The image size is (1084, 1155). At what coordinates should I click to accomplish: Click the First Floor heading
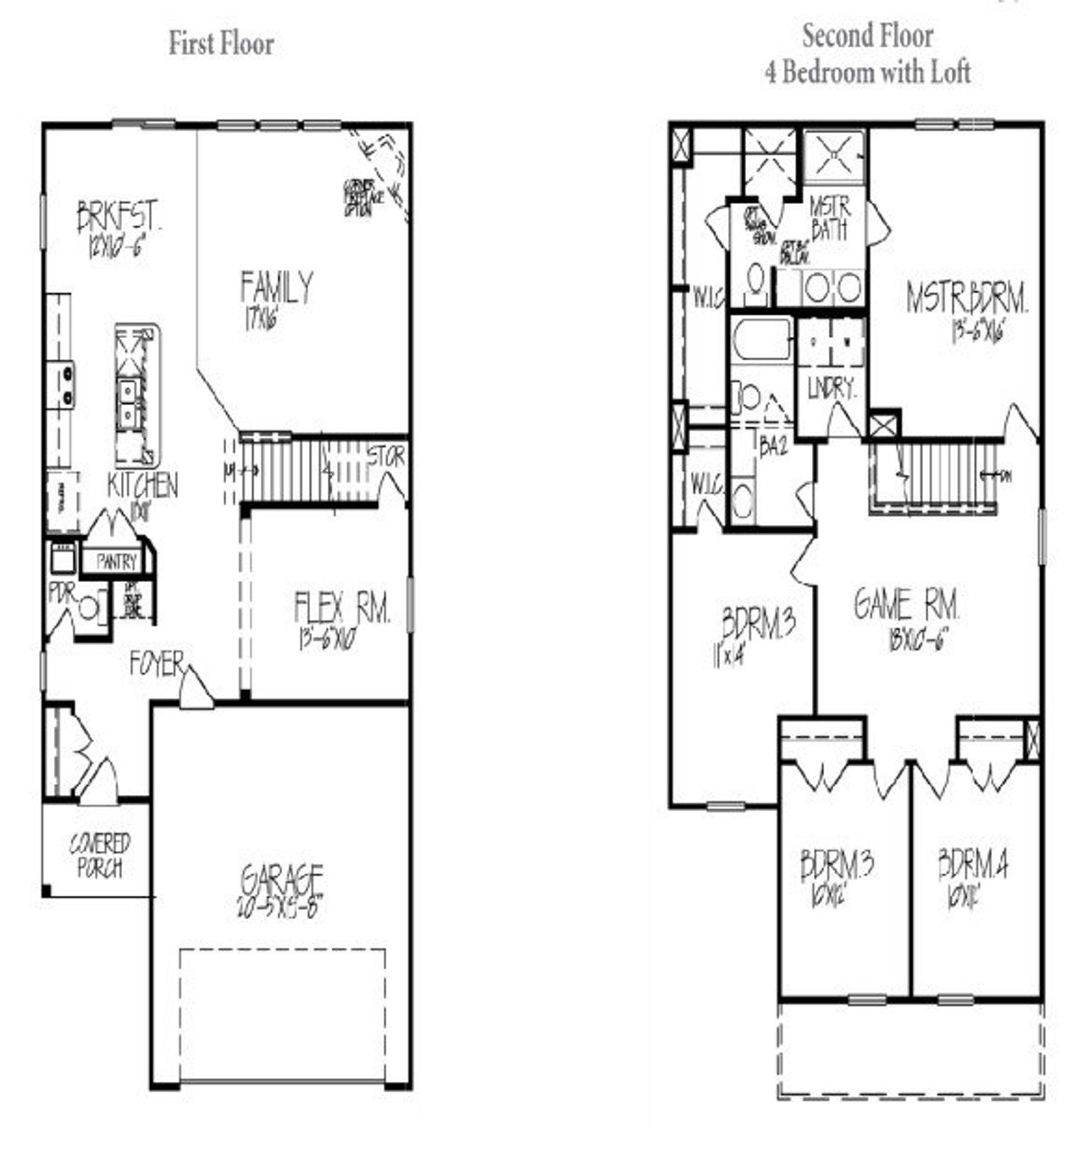tap(221, 43)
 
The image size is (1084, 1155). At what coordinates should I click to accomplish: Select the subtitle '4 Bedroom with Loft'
tap(867, 73)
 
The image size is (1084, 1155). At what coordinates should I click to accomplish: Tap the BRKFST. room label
tap(119, 217)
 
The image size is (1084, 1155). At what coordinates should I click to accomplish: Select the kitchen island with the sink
tap(136, 395)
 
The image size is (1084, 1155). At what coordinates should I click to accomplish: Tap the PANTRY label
tap(116, 561)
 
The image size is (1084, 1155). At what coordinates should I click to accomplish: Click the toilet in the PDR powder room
tap(89, 608)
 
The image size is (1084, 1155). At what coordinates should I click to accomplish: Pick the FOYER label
tap(156, 665)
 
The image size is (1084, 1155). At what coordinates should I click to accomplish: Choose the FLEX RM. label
tap(342, 608)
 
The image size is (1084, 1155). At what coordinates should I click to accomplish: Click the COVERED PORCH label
tap(100, 855)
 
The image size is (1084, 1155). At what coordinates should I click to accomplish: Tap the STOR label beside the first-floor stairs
tap(386, 458)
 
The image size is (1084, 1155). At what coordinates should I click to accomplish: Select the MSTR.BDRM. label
tap(966, 299)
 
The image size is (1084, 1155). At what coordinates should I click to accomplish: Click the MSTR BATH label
tap(829, 218)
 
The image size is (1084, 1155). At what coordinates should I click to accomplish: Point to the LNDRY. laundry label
tap(831, 389)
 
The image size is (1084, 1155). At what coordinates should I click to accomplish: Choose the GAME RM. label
tap(906, 605)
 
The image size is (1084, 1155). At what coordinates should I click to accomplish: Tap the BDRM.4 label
tap(972, 865)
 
